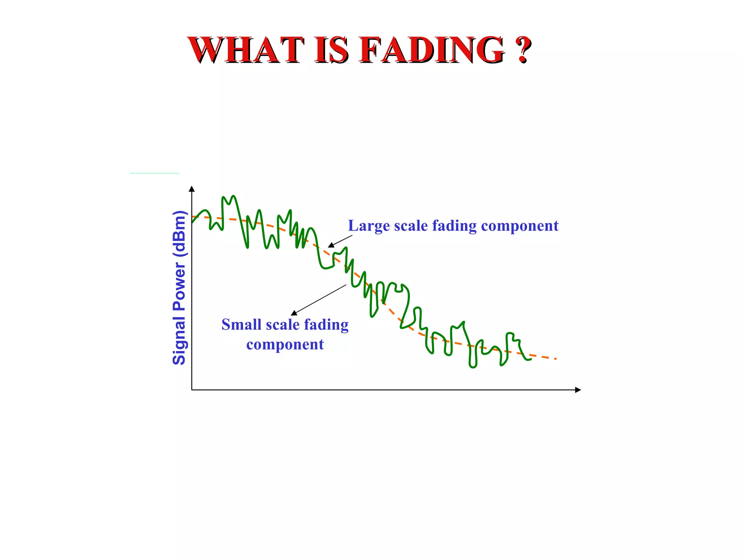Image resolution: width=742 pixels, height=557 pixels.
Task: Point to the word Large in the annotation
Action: point(369,226)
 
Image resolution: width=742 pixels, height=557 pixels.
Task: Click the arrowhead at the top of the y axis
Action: point(192,189)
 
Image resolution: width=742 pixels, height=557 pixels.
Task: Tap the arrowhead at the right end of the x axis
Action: point(578,390)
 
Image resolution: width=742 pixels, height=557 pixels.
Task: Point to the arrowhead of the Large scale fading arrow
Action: point(331,246)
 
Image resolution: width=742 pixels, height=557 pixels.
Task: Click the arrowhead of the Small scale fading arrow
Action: point(294,313)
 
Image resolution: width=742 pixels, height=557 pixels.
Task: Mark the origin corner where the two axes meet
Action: point(192,390)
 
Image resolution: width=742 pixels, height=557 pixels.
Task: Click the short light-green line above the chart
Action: point(154,173)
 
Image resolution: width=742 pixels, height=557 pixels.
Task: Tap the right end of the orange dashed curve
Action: point(555,359)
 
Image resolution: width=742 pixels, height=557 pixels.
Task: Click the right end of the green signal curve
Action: point(530,359)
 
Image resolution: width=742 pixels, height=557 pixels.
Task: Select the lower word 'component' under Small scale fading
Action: point(285,344)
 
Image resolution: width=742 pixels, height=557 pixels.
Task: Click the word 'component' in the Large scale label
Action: point(520,226)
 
